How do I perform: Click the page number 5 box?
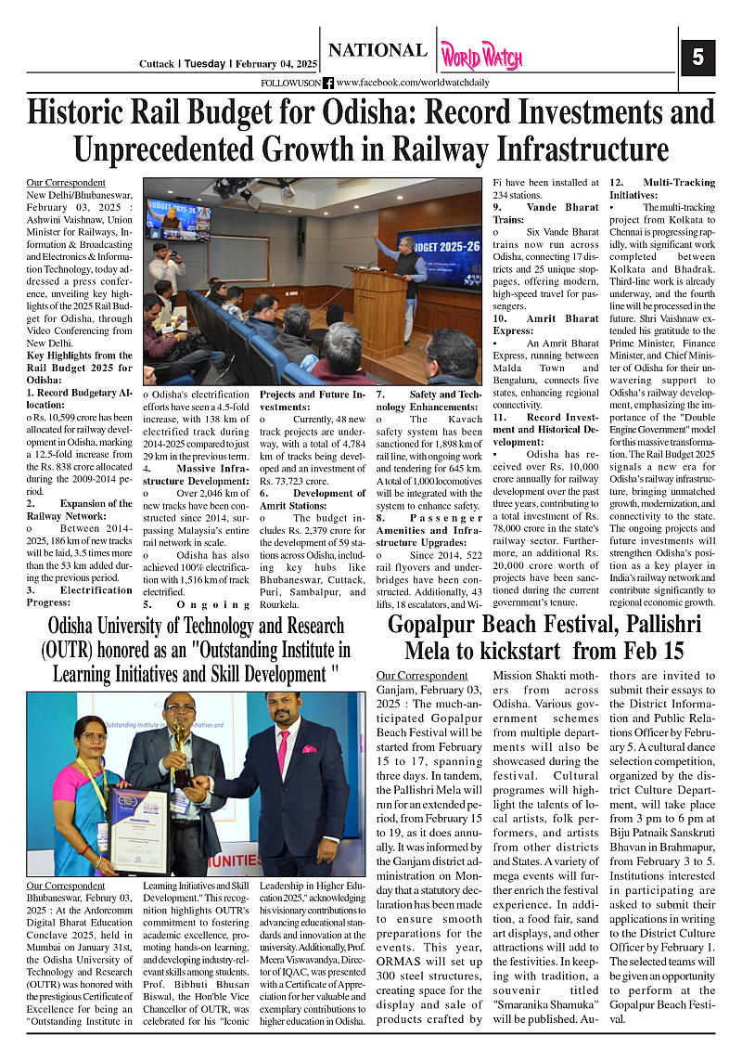(x=697, y=58)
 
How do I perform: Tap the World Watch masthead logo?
(x=480, y=57)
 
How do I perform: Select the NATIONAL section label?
(x=377, y=51)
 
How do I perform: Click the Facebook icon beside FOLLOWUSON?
(x=328, y=84)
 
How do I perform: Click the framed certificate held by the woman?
(x=138, y=829)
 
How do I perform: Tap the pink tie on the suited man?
(x=283, y=751)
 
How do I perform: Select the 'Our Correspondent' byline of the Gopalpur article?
(x=422, y=675)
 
